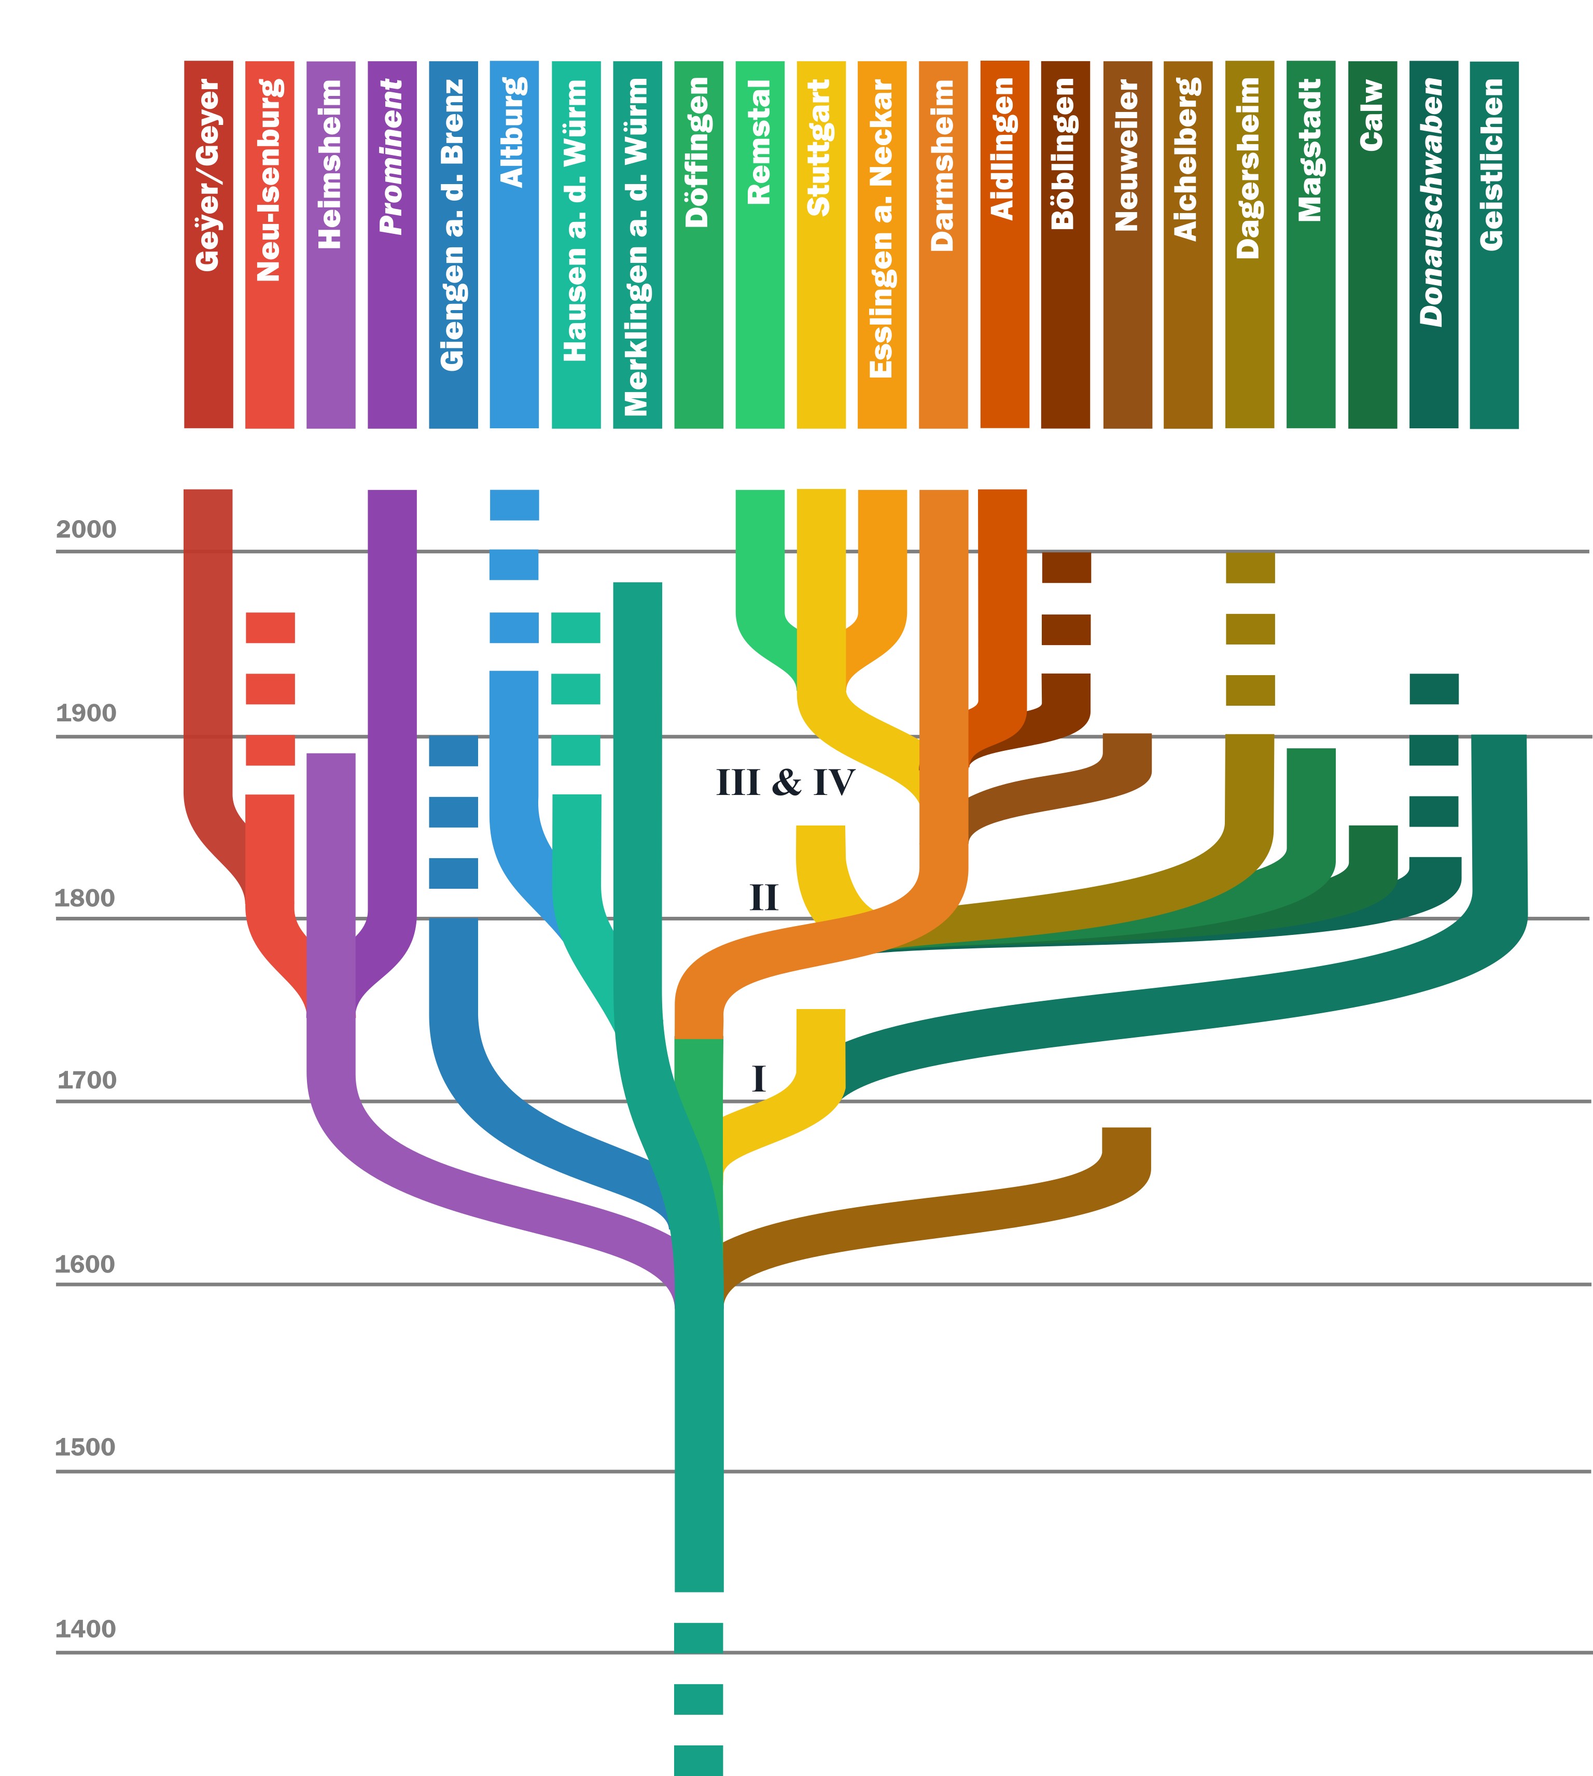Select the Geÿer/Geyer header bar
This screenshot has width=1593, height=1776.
tap(208, 245)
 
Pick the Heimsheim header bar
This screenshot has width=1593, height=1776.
tap(331, 245)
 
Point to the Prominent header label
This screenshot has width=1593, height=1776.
tap(391, 158)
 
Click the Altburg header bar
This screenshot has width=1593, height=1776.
tap(514, 245)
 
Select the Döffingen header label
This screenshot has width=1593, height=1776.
tap(697, 153)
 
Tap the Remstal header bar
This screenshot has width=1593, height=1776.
tap(760, 245)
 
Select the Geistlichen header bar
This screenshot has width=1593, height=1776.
tap(1494, 245)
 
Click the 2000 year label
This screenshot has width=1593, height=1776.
tap(86, 529)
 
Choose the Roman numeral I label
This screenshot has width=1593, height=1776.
tap(759, 1079)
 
